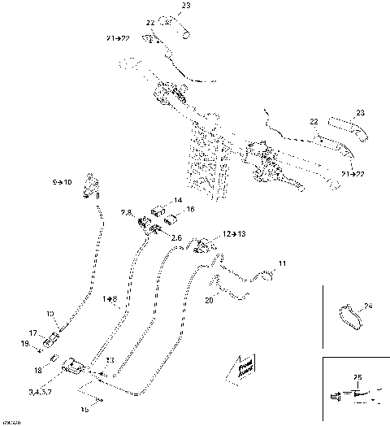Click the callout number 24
tap(368, 307)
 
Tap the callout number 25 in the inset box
tap(358, 376)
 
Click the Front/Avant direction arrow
tap(245, 369)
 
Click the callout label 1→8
tap(110, 299)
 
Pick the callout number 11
tap(283, 263)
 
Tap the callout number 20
tap(209, 298)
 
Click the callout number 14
tap(178, 200)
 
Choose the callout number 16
tap(189, 210)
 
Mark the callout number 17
tap(33, 333)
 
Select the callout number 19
tap(25, 344)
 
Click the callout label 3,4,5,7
tap(40, 391)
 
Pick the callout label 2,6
tap(175, 237)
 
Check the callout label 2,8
tap(126, 212)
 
